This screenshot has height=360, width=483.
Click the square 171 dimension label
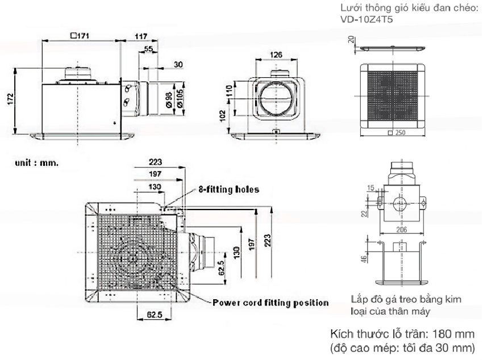point(80,35)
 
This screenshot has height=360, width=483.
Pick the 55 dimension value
point(148,49)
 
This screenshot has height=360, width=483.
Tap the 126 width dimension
point(276,55)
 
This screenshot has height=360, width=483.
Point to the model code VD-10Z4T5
point(364,19)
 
